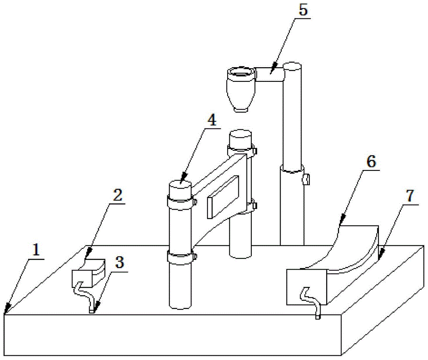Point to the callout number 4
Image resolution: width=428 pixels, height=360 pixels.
click(x=211, y=121)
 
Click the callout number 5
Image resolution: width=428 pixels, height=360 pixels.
click(x=303, y=11)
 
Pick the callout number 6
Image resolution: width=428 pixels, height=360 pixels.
click(x=371, y=162)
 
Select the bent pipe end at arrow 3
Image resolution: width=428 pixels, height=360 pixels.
click(x=91, y=311)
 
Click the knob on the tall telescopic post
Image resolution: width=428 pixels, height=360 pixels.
click(x=306, y=179)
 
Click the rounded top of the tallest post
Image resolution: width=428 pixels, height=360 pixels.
click(x=292, y=66)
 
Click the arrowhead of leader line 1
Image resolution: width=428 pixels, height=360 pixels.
click(x=6, y=311)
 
